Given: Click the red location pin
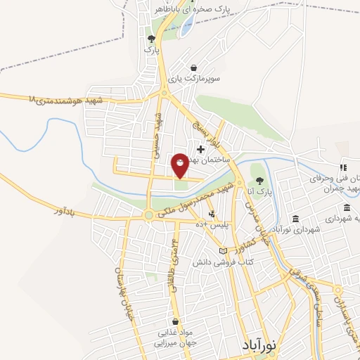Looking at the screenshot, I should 180,165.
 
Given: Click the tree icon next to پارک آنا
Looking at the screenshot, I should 259,181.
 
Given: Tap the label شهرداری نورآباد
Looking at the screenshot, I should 298,229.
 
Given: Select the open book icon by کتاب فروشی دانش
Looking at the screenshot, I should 223,251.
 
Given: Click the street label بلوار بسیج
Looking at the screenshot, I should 222,132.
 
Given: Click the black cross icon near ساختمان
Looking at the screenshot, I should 201,149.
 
